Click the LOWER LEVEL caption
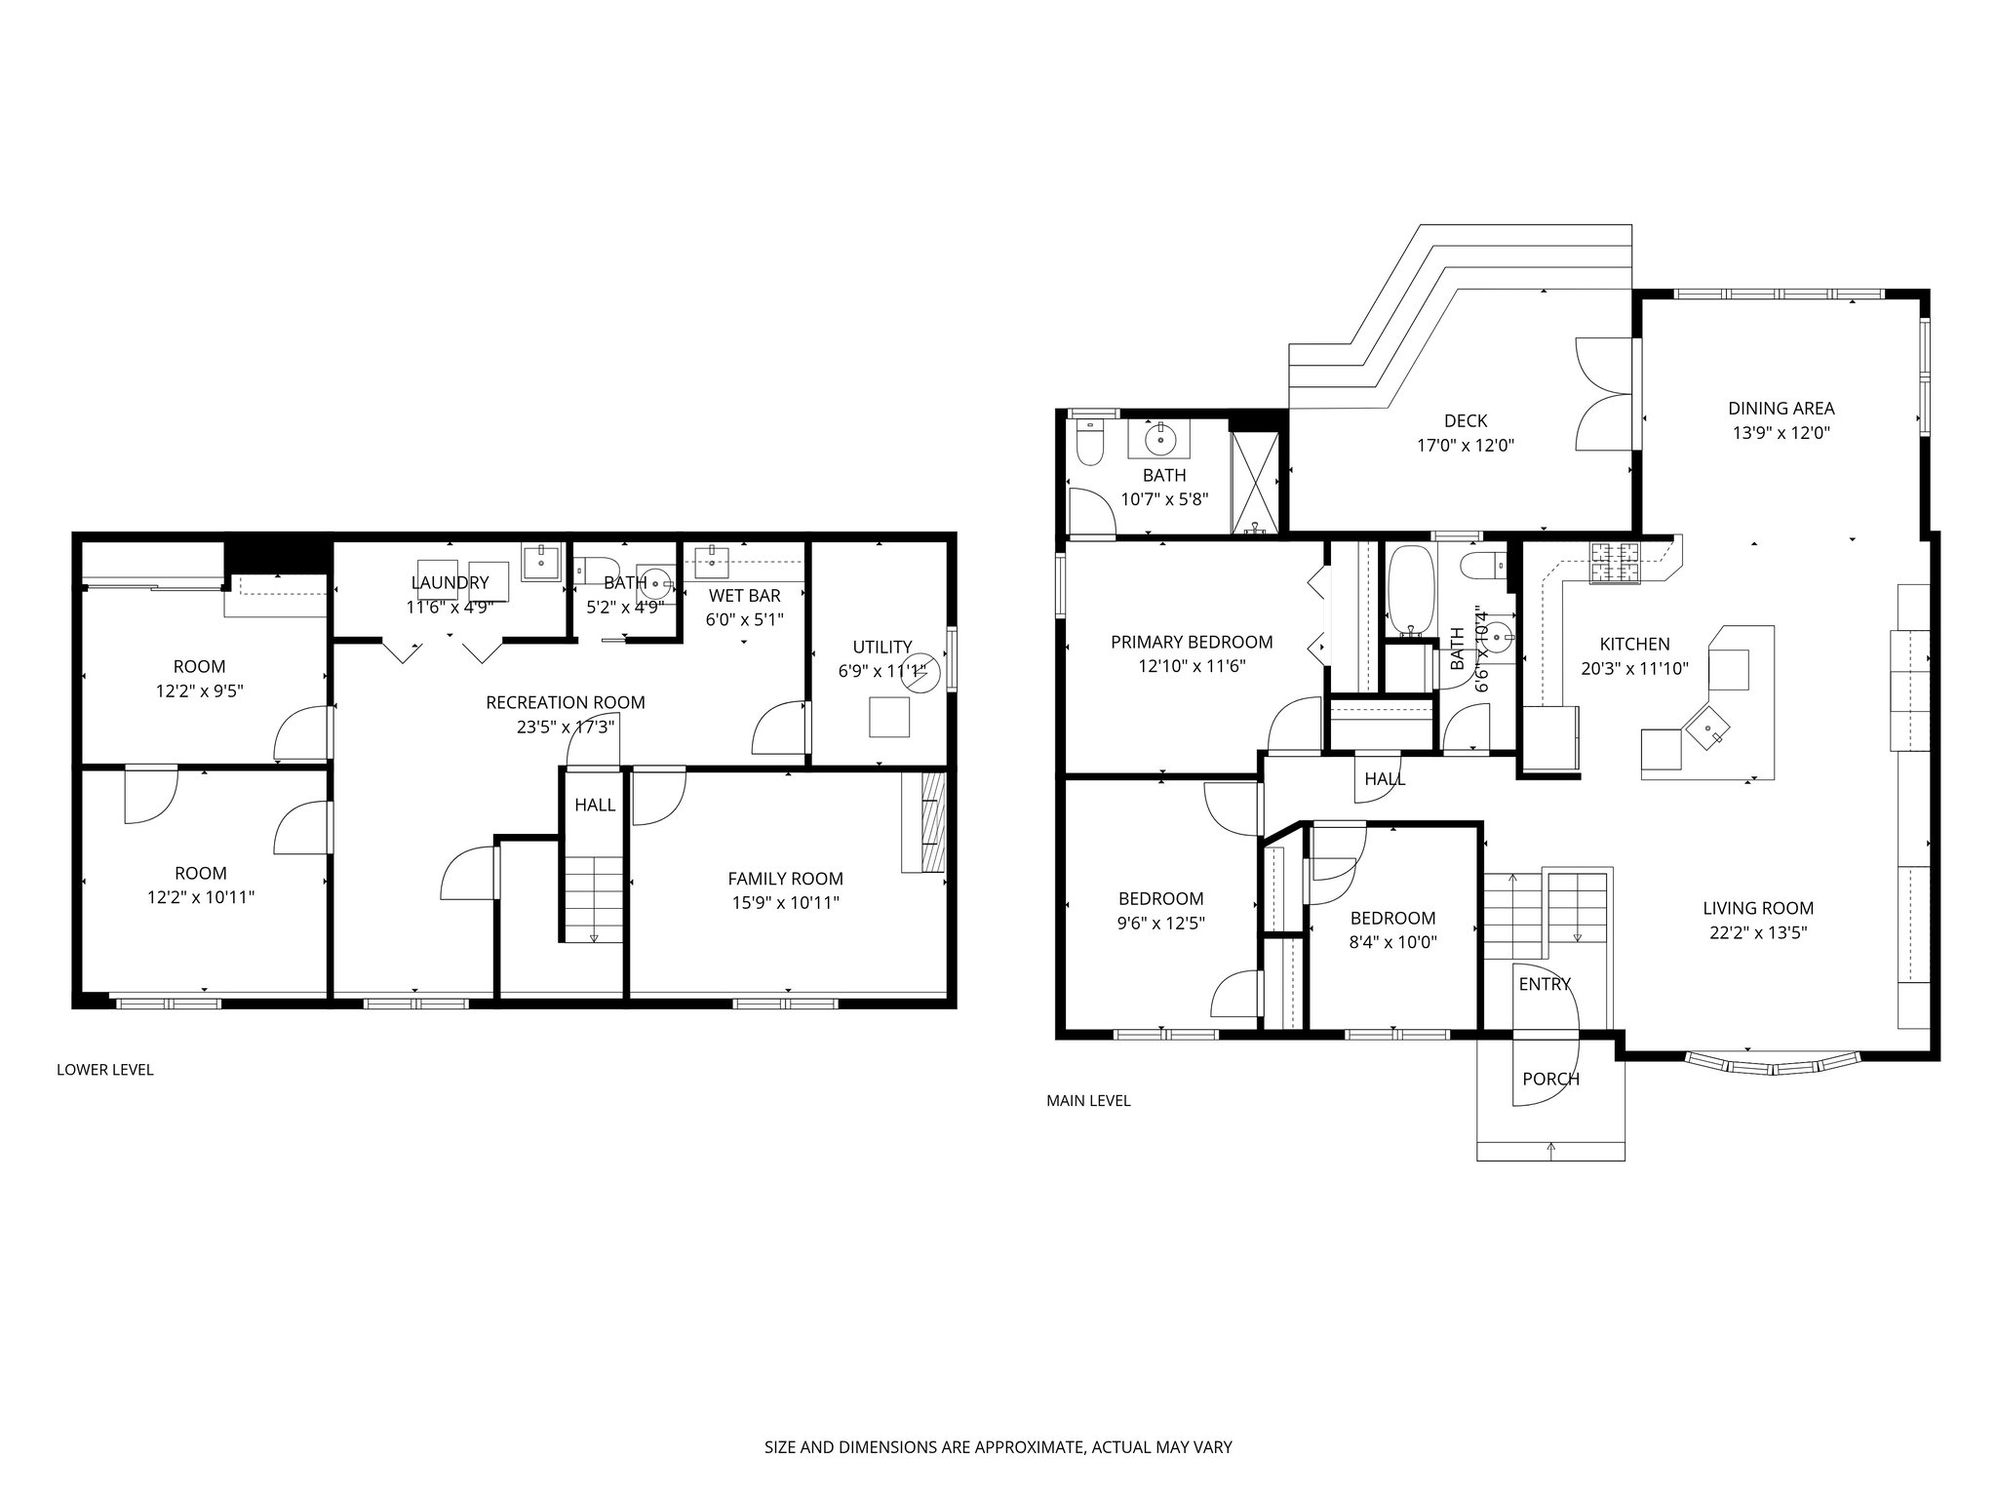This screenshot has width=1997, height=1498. click(105, 1070)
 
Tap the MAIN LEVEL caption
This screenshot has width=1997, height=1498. click(1088, 1101)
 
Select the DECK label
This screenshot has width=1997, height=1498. click(1466, 421)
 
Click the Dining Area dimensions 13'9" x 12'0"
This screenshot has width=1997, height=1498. click(1782, 433)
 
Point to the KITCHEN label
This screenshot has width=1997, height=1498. click(1635, 645)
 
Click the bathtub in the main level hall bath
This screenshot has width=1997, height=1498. click(1407, 588)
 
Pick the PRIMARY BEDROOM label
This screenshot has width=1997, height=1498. click(1192, 643)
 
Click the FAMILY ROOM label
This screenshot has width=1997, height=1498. click(786, 879)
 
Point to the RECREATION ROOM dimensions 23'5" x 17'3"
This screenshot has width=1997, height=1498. click(566, 727)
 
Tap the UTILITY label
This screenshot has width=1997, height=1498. click(882, 647)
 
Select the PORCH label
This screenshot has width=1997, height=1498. click(1551, 1080)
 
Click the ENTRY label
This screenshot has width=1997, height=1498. click(1545, 985)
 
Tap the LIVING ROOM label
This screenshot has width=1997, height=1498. click(1758, 909)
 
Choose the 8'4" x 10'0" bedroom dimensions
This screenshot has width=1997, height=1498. click(1392, 942)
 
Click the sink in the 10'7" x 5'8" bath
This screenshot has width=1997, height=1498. click(1160, 439)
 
